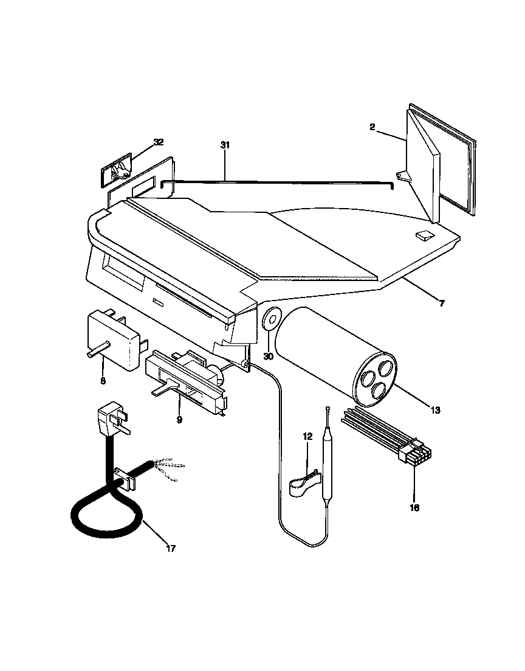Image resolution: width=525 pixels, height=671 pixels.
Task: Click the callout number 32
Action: pos(158,142)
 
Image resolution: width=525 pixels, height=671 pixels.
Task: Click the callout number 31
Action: pos(225,145)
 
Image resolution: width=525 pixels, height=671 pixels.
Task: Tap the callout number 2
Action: pos(372,128)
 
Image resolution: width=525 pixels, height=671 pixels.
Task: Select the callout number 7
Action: pos(441,303)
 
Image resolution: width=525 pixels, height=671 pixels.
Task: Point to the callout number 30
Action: pos(268,356)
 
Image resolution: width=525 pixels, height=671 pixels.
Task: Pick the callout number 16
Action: pos(414,507)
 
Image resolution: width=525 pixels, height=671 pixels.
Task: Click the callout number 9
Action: pos(179,419)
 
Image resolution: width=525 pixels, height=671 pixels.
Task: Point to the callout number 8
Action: pos(102,381)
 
